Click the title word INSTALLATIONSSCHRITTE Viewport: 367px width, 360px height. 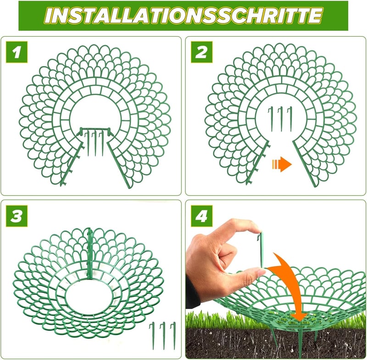pyautogui.click(x=183, y=16)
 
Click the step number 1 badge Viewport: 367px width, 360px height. pyautogui.click(x=17, y=52)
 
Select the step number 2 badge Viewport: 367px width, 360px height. pyautogui.click(x=201, y=52)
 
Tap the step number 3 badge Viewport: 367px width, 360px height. pyautogui.click(x=17, y=216)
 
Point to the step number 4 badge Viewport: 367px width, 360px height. pyautogui.click(x=201, y=216)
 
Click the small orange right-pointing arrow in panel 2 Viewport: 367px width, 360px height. pyautogui.click(x=282, y=164)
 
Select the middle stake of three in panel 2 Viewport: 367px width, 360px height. pyautogui.click(x=281, y=119)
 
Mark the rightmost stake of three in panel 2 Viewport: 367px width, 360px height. pyautogui.click(x=290, y=119)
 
